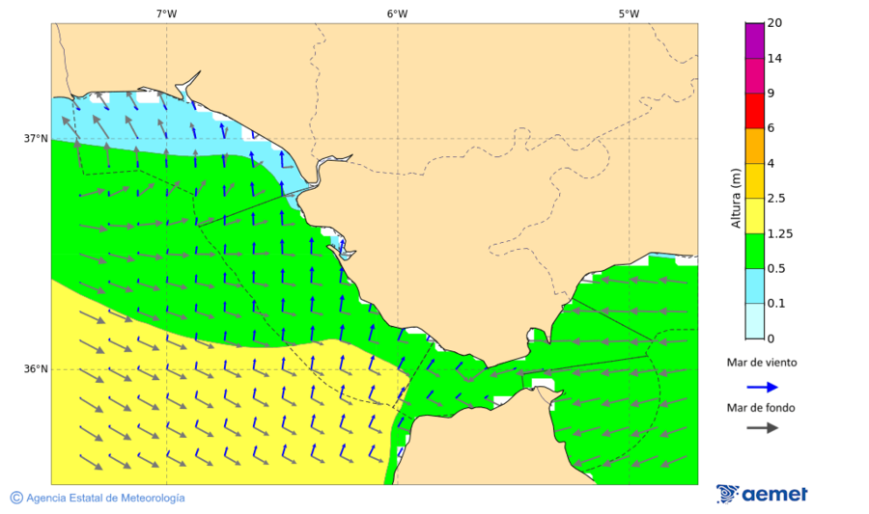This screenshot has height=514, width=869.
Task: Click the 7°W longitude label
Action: click(x=166, y=14)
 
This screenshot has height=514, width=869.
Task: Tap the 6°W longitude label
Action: click(x=397, y=14)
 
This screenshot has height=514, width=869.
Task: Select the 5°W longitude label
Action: click(x=629, y=14)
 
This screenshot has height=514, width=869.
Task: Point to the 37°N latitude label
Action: click(x=36, y=139)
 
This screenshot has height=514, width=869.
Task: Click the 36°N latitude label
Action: click(x=36, y=369)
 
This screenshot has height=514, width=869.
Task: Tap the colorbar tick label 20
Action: click(x=773, y=23)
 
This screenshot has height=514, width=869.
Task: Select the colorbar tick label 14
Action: click(x=773, y=59)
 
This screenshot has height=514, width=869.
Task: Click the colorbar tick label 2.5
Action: click(x=775, y=199)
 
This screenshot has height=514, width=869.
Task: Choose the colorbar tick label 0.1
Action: click(x=775, y=304)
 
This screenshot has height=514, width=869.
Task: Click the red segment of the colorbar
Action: click(x=754, y=111)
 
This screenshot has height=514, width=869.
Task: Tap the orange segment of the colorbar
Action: click(x=754, y=146)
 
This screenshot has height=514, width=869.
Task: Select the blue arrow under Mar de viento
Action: click(x=762, y=387)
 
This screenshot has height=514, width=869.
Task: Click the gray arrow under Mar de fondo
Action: click(x=762, y=427)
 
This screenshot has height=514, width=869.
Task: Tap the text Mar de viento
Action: click(x=762, y=363)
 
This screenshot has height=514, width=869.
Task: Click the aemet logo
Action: click(x=762, y=494)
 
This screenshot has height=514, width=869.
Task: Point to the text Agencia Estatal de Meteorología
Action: click(x=105, y=498)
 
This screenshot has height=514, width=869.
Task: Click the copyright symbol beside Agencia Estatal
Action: click(x=16, y=498)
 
